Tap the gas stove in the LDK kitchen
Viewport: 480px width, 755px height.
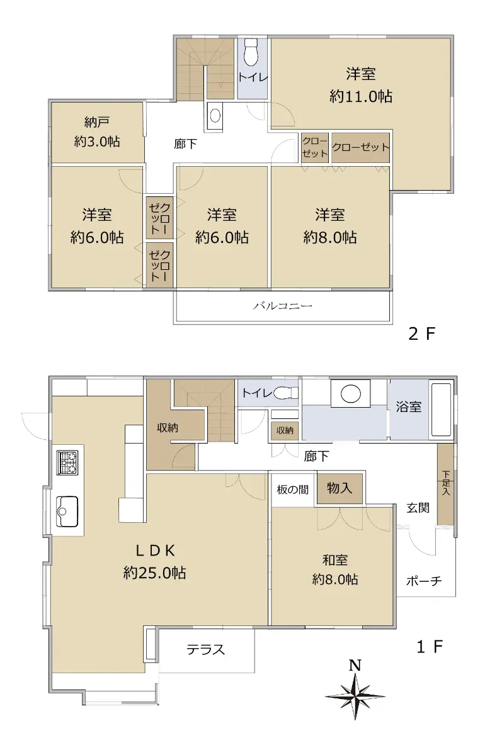click(67, 462)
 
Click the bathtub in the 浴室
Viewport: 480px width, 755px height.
click(442, 410)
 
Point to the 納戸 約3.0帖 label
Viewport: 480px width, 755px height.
click(97, 131)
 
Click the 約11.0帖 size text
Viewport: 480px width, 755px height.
click(361, 97)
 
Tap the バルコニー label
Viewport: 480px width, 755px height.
click(283, 306)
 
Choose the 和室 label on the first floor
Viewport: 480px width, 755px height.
click(335, 560)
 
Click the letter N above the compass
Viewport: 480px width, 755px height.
click(355, 666)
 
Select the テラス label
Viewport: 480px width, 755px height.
click(205, 649)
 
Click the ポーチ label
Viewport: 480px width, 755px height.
click(424, 581)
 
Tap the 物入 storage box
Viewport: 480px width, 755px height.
click(340, 488)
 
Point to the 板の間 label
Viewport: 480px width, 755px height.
click(293, 489)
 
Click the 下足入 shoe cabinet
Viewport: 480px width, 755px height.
click(445, 484)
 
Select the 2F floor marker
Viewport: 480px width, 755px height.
click(422, 333)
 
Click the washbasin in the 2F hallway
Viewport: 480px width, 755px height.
click(215, 115)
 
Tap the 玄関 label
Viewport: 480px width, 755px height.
click(418, 508)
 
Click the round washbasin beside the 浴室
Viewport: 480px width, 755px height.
click(351, 393)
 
